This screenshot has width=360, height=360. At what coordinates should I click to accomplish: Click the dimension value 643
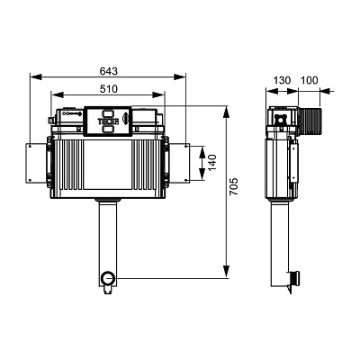tap(108, 71)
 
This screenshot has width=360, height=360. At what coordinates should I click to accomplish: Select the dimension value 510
tap(108, 89)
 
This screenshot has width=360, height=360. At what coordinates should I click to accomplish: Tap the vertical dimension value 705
tap(234, 186)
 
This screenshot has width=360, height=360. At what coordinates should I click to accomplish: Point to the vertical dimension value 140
tap(212, 163)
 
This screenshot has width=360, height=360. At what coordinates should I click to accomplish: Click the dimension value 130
tap(282, 80)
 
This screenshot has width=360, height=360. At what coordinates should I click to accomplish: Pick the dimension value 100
tap(309, 80)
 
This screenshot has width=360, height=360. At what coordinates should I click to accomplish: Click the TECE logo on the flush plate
tap(108, 121)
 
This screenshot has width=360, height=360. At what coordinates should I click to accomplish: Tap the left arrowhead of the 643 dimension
tap(36, 77)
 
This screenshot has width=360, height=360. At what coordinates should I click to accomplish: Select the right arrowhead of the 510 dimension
tap(158, 94)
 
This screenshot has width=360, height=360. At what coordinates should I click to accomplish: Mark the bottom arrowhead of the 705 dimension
tap(226, 273)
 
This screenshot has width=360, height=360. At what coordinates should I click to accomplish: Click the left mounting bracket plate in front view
tap(36, 163)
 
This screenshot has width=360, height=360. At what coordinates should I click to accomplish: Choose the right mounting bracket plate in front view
tap(179, 163)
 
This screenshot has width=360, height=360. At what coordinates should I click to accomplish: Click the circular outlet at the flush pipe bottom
tap(108, 279)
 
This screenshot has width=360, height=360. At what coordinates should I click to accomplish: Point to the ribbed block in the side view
tap(310, 121)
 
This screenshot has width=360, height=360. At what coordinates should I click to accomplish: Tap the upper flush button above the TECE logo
tap(108, 113)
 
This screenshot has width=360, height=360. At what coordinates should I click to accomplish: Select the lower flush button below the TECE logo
tap(108, 129)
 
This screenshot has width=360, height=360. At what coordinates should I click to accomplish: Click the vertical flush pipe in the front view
tap(108, 237)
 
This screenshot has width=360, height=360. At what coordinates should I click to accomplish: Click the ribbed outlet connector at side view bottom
tap(294, 278)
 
